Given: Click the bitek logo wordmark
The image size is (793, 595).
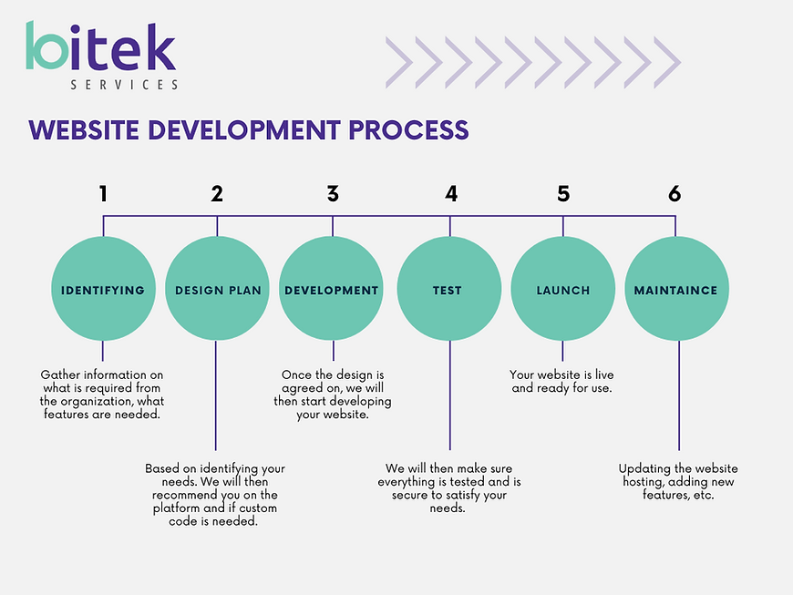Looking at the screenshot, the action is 100,46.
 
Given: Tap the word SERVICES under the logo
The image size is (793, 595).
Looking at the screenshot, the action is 124,85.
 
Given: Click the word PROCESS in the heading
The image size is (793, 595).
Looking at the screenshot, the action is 408,130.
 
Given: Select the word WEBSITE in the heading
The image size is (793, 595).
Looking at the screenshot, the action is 84,130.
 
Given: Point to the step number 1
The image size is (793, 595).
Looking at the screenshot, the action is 103,193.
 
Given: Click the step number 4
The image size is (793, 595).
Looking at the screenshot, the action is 451,193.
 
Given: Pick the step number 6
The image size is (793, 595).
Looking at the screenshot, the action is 675,193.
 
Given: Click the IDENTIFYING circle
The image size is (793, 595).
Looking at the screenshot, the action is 103,289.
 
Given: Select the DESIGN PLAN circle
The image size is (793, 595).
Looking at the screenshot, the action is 217,289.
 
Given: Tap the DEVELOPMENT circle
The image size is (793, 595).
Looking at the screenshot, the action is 331,289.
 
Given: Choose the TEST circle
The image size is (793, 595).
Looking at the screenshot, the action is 449,289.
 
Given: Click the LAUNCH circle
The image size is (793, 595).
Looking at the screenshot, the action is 563,289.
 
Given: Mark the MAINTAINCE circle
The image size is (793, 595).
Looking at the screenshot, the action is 676,289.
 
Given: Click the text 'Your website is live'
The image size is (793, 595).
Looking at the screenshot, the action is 561,374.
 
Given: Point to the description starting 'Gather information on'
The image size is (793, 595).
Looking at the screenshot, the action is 102,395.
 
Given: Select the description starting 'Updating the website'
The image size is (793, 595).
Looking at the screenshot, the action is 678,482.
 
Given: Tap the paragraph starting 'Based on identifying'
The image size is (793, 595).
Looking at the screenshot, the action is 215,495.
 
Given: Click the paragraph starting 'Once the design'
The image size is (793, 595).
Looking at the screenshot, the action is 333,395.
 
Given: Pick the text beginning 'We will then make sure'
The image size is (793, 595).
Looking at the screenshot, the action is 449,487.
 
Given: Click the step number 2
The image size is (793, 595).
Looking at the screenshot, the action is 217,193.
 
